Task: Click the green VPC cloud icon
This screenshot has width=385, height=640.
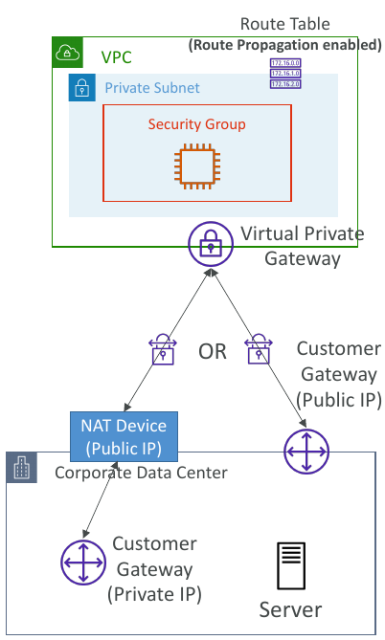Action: pos(67,53)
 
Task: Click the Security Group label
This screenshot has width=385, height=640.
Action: pos(196,124)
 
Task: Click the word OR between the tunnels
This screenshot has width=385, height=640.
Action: pos(213,351)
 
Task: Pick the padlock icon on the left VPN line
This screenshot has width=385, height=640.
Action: pos(162,350)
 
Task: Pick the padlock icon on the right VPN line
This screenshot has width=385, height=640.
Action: pos(259,350)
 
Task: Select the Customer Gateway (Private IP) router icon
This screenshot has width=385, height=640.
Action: pos(83,563)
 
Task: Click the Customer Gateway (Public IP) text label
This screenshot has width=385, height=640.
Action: pos(339,375)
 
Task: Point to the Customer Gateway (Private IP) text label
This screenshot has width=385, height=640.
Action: pos(156,569)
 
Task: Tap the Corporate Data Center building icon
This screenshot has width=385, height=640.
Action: pos(22,469)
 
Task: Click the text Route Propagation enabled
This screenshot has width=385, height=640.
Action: pos(285,44)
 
